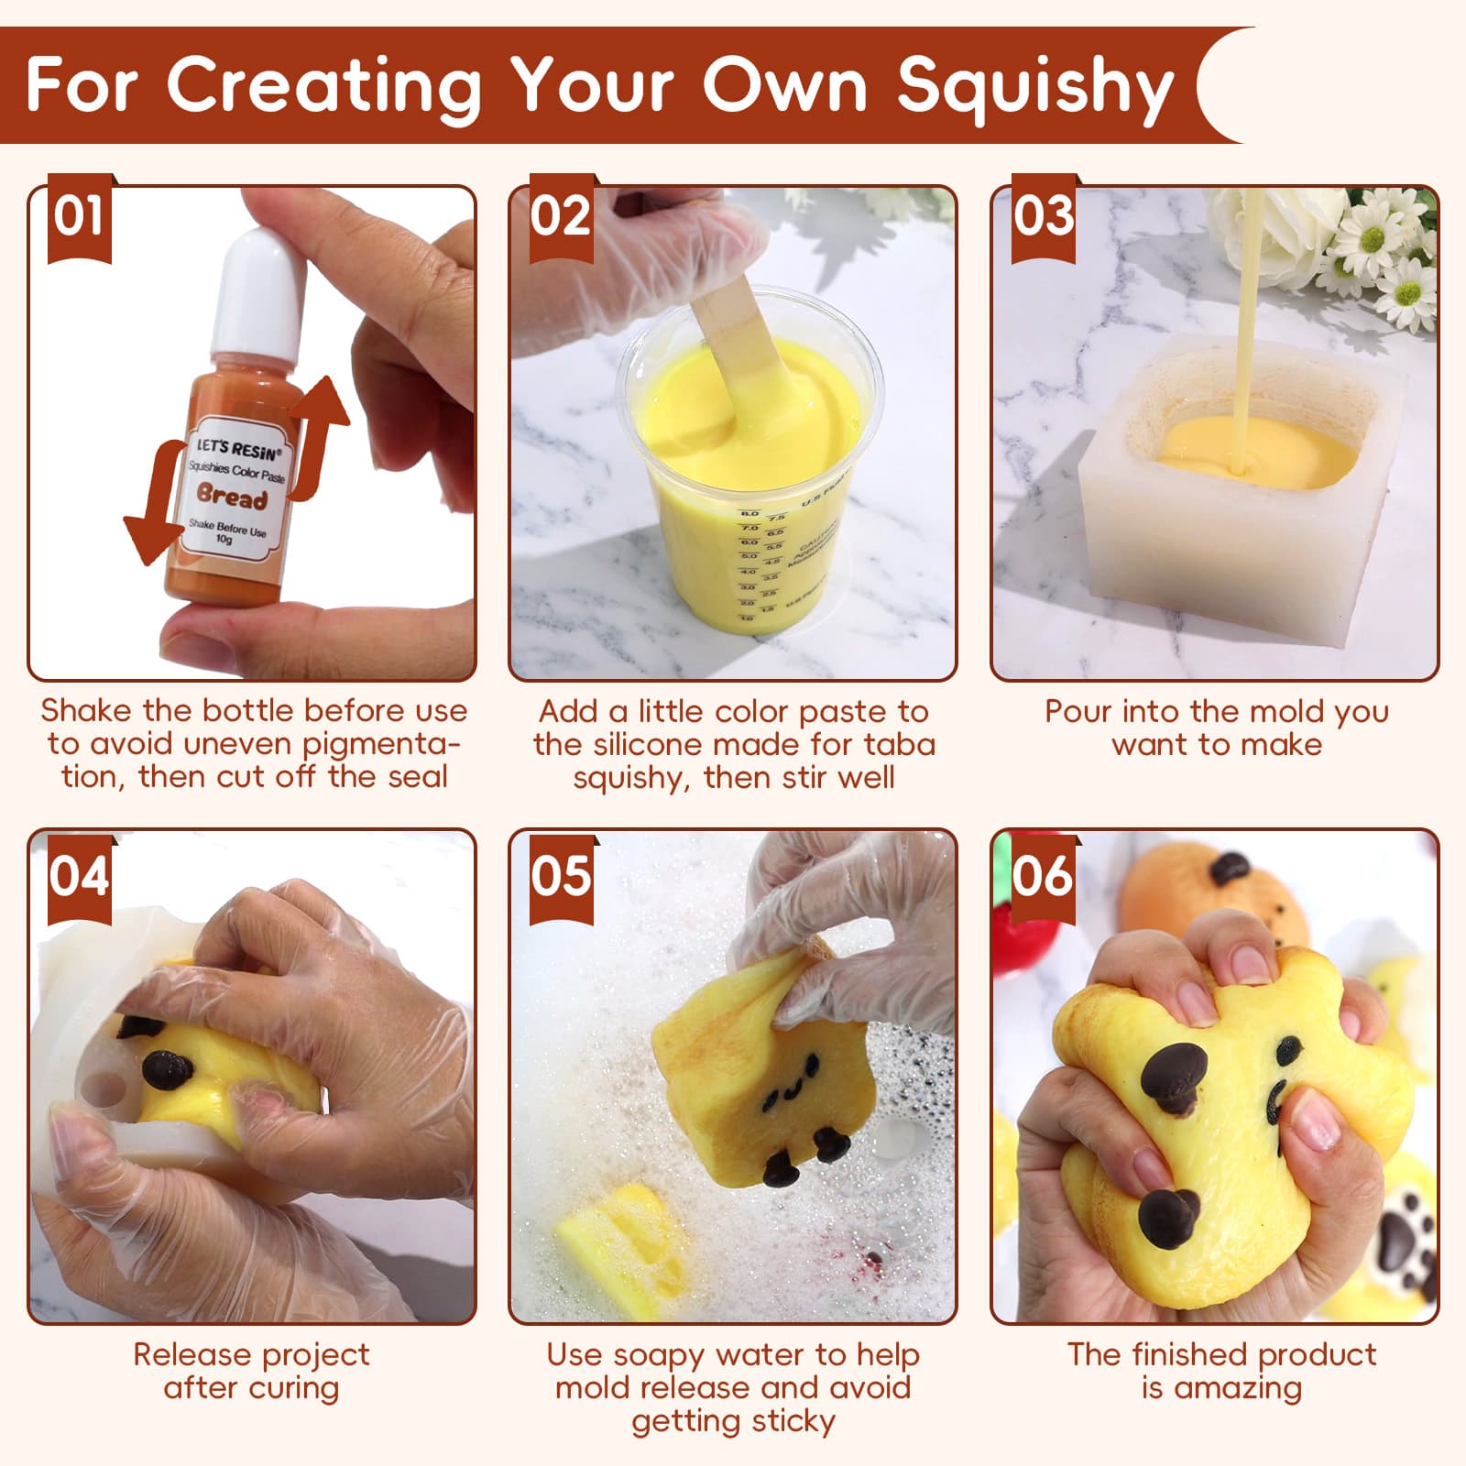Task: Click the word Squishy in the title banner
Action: [1035, 87]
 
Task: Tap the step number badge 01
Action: [79, 217]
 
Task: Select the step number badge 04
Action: [79, 876]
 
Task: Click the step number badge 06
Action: [1043, 876]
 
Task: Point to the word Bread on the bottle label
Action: [233, 498]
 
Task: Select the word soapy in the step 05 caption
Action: [664, 1355]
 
